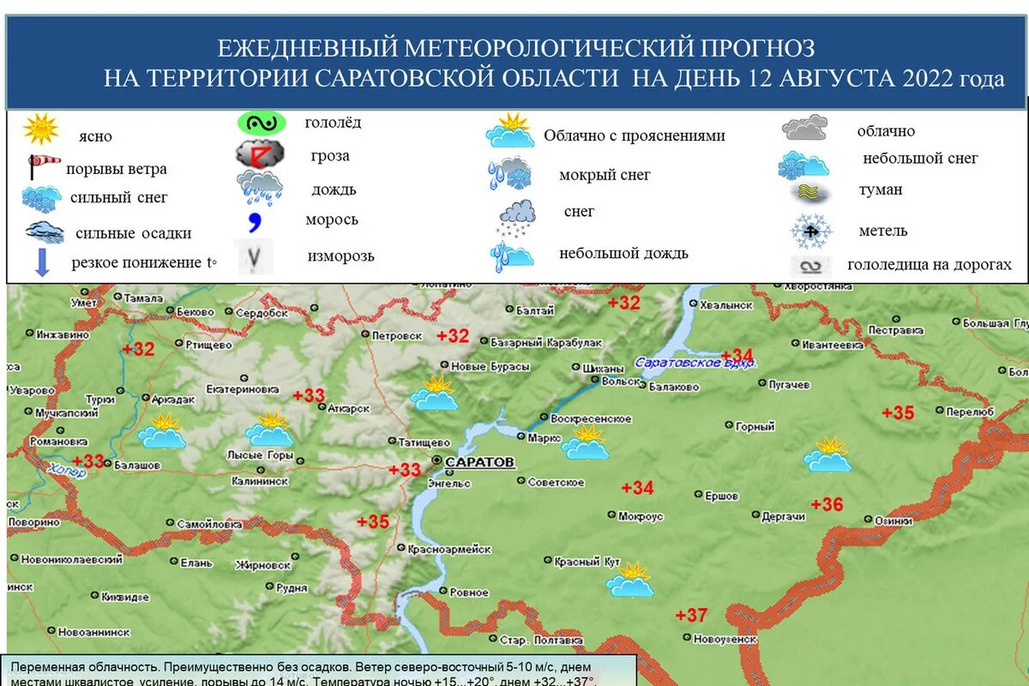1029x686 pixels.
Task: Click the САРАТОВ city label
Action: (480, 462)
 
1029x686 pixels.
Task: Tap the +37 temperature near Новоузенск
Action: (691, 615)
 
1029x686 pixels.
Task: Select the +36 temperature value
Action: (827, 504)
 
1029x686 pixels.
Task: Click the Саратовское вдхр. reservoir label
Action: (695, 363)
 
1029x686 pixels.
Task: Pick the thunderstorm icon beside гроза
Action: (260, 154)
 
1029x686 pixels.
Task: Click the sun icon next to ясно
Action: (40, 129)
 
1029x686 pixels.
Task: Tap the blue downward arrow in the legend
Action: (41, 260)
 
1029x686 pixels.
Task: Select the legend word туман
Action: (881, 190)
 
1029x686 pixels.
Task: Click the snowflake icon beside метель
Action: (811, 230)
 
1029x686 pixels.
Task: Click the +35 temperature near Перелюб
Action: (898, 412)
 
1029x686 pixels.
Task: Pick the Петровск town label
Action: (399, 335)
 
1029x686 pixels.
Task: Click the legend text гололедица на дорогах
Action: (929, 265)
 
